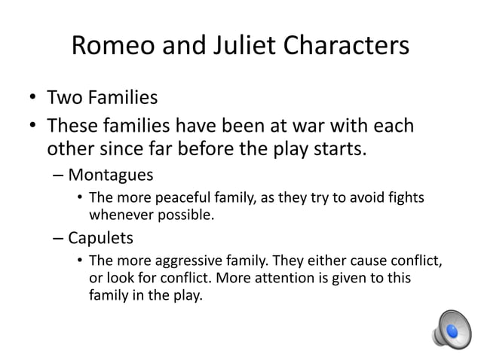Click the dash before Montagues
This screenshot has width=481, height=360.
point(59,175)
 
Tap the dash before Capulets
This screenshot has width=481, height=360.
point(59,239)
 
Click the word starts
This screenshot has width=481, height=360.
point(342,148)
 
